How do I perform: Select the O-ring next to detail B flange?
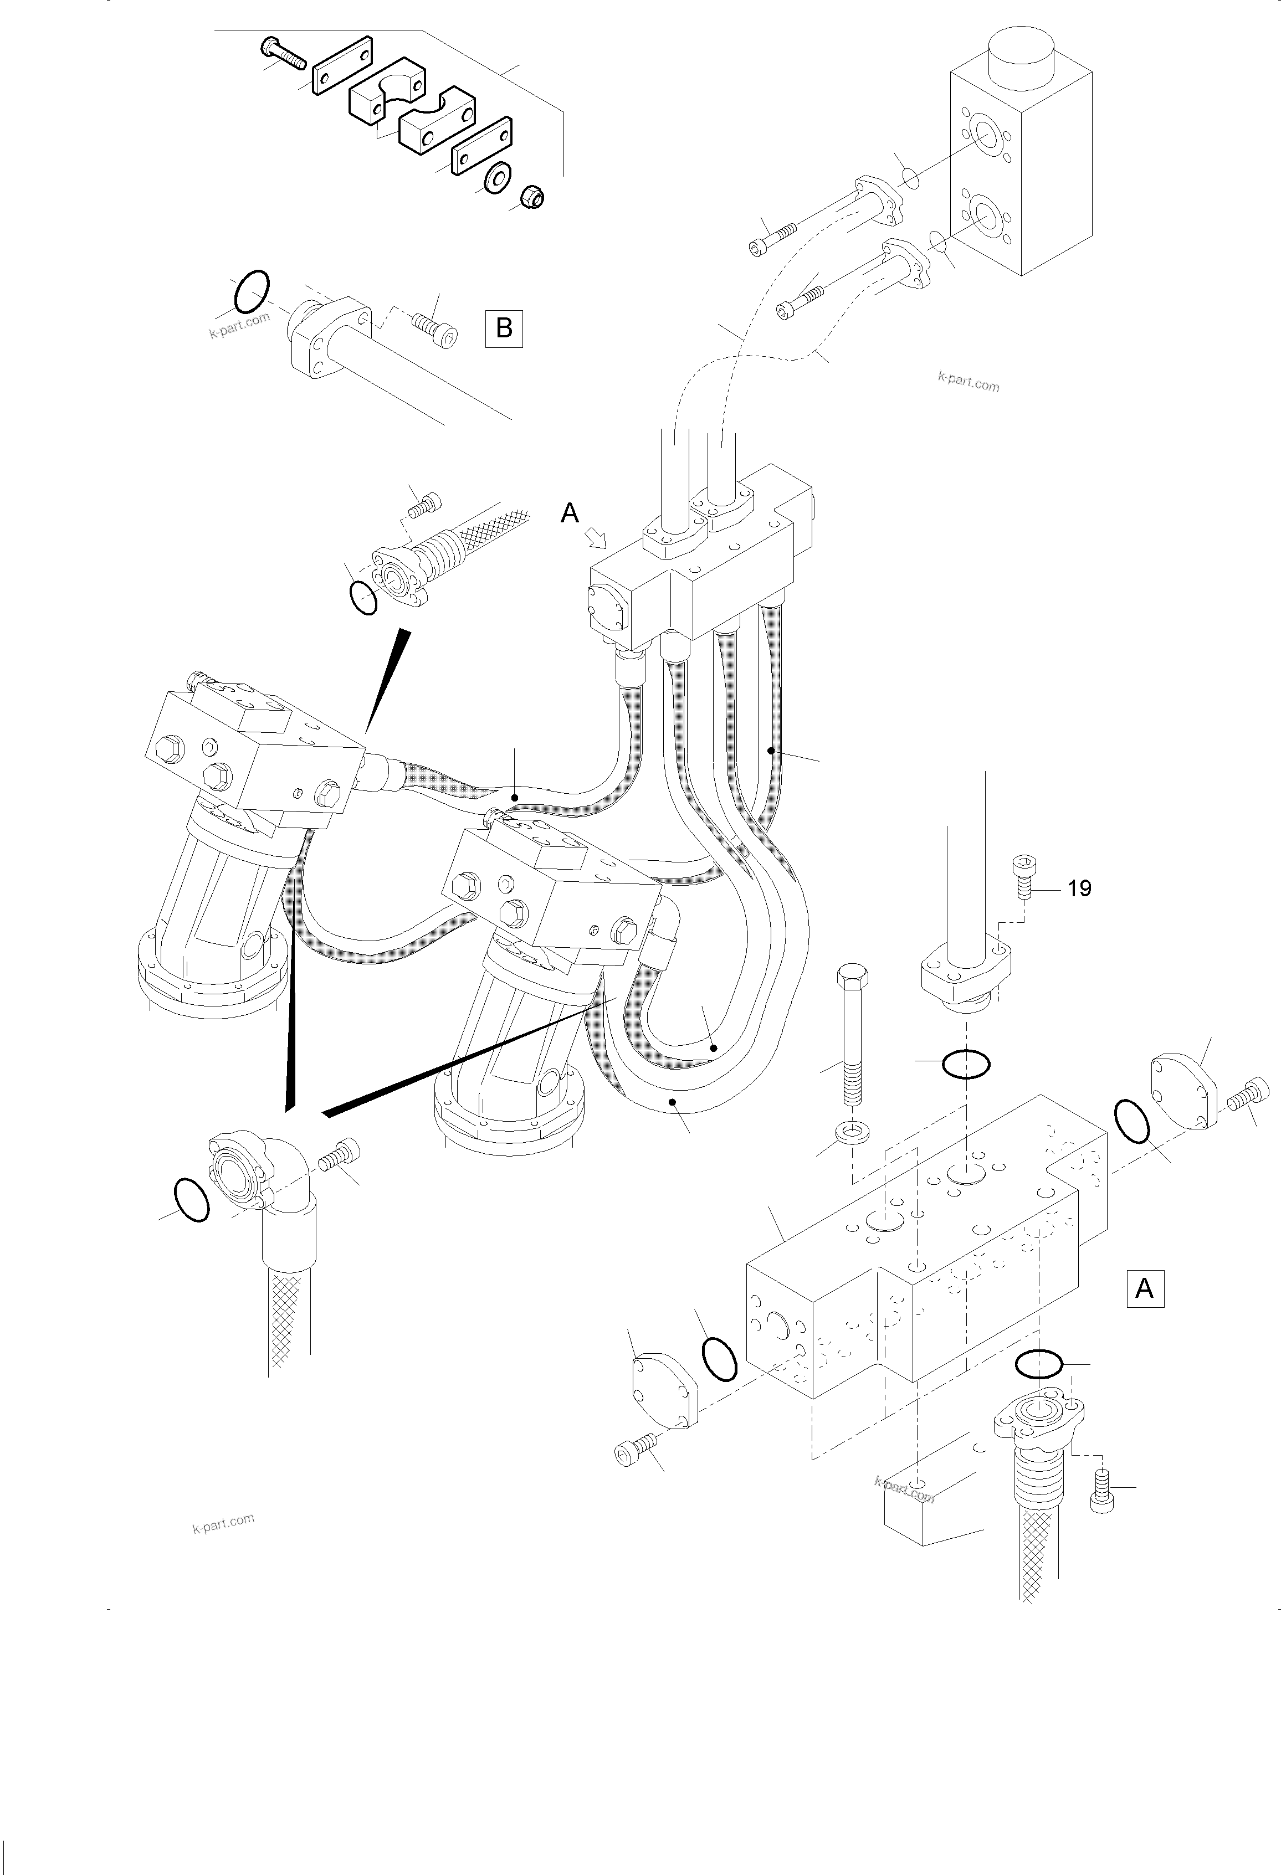(x=251, y=291)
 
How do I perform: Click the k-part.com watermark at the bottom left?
(x=224, y=1523)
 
